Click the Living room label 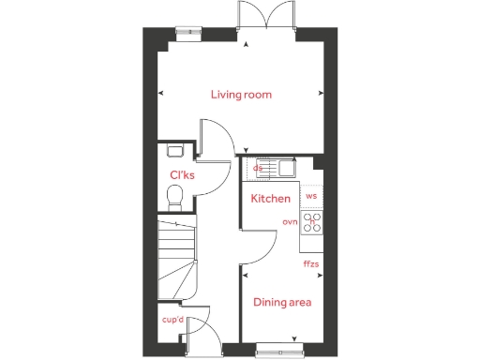pyautogui.click(x=240, y=95)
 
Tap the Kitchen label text pyautogui.click(x=269, y=199)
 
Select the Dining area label pyautogui.click(x=282, y=302)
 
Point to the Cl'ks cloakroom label pyautogui.click(x=181, y=175)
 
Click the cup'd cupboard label pyautogui.click(x=171, y=321)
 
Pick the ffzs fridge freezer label pyautogui.click(x=311, y=264)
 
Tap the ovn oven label pyautogui.click(x=290, y=222)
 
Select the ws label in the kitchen pyautogui.click(x=312, y=196)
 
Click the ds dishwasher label pyautogui.click(x=258, y=169)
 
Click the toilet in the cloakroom pyautogui.click(x=173, y=196)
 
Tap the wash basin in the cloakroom pyautogui.click(x=173, y=150)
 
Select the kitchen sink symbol pyautogui.click(x=280, y=168)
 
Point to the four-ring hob pyautogui.click(x=312, y=223)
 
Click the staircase pyautogui.click(x=177, y=257)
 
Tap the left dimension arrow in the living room pyautogui.click(x=161, y=92)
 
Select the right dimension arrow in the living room pyautogui.click(x=322, y=92)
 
